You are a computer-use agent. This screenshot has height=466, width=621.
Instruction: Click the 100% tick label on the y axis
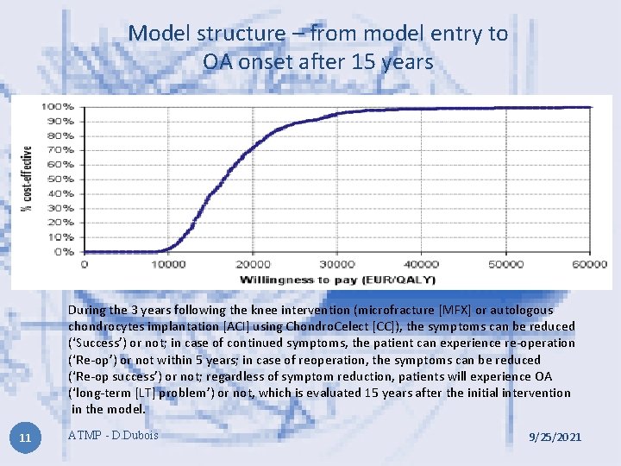pos(59,107)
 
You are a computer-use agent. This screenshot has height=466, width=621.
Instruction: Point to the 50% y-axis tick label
pos(61,179)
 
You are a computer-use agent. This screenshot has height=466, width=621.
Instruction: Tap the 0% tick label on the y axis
pos(65,252)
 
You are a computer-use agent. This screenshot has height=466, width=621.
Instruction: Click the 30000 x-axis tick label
pos(337,264)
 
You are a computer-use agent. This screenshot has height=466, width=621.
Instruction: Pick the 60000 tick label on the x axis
pos(590,264)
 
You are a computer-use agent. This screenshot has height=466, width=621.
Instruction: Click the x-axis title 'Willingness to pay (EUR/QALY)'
pos(337,279)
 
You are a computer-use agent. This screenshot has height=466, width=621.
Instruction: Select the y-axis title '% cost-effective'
pos(28,179)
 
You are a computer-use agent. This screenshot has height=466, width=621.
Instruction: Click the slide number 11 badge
pos(25,438)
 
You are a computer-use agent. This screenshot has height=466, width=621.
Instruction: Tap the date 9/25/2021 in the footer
pos(555,438)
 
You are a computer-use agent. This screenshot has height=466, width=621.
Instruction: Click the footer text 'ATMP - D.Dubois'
pos(113,434)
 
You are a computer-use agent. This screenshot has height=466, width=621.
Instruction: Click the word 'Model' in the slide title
pos(160,34)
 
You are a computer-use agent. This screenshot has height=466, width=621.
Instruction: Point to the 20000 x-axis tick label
pos(254,264)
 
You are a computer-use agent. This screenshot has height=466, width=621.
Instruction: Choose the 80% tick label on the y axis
pos(61,135)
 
